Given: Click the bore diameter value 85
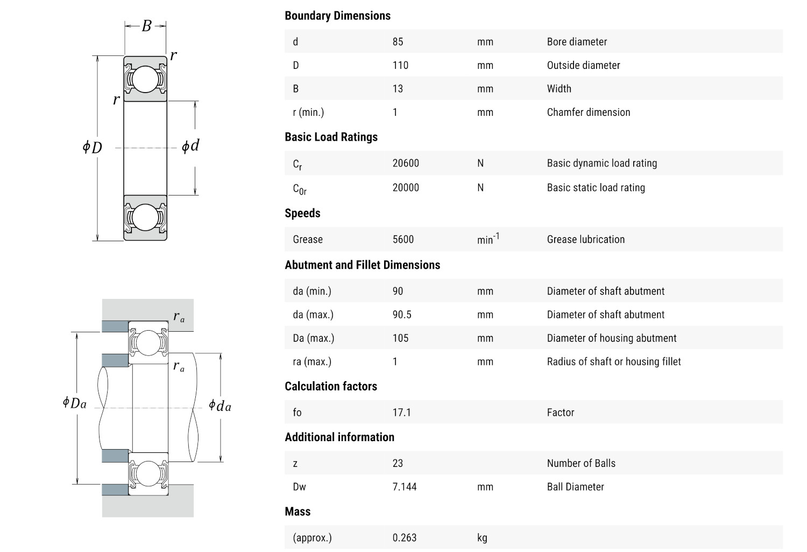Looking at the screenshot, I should (x=398, y=41).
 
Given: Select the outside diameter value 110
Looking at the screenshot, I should (x=400, y=65).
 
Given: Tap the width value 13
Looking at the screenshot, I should (x=398, y=89).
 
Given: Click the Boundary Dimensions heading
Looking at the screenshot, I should (x=337, y=16).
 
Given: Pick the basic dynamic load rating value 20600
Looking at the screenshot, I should (x=406, y=163).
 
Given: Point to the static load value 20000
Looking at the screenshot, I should (x=406, y=187).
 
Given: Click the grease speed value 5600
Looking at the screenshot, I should (x=403, y=239).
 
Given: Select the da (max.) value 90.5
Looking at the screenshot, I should (x=402, y=315).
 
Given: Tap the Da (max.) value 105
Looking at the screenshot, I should (x=400, y=338).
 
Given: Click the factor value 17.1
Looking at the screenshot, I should (x=401, y=413).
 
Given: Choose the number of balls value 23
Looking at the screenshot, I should (x=398, y=463).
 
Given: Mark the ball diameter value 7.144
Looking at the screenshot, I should (x=405, y=487).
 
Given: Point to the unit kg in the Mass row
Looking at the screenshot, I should (x=482, y=537).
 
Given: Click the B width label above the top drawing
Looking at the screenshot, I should (x=146, y=26).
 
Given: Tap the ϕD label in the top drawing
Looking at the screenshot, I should (x=92, y=147).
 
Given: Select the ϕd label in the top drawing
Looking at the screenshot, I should (x=190, y=145).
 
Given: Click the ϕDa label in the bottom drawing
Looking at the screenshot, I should (x=74, y=403).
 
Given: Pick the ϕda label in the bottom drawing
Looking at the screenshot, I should (x=220, y=406).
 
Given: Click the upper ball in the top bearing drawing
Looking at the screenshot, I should (x=145, y=79).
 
